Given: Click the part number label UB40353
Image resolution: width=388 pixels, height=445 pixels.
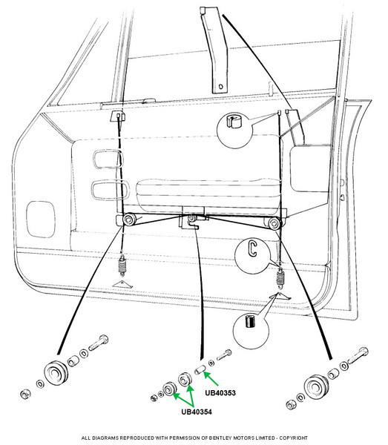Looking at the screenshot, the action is click(x=220, y=393).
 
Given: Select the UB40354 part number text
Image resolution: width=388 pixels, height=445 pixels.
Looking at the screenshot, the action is click(x=197, y=412).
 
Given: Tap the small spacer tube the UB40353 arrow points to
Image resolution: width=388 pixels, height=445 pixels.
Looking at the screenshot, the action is click(x=200, y=370).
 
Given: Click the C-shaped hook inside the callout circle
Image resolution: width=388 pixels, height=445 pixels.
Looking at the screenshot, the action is click(x=251, y=248).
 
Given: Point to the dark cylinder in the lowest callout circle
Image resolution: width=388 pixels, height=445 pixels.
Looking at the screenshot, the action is click(x=250, y=321).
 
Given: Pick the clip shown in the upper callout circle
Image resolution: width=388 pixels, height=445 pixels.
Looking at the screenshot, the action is click(x=233, y=121).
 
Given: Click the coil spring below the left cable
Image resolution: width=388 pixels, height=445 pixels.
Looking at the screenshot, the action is click(x=122, y=265).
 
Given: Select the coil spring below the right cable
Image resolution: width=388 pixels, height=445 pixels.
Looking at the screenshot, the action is click(x=280, y=278).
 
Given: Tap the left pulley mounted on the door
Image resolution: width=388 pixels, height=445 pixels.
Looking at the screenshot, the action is click(x=129, y=220).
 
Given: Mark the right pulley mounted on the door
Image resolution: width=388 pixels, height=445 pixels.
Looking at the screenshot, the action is click(x=274, y=224).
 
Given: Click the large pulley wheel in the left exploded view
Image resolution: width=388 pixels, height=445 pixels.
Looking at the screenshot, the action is click(x=56, y=373).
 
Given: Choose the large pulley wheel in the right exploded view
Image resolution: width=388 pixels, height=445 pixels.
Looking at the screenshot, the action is click(x=316, y=387).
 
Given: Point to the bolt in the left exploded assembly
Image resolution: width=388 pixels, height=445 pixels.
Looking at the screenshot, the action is click(x=99, y=343).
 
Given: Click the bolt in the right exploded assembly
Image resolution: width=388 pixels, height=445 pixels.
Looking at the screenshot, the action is click(x=358, y=355).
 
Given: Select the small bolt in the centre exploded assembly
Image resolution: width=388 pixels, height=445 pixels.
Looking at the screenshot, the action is click(x=224, y=355).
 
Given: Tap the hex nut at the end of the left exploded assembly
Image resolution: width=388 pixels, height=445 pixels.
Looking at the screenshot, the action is click(x=25, y=394).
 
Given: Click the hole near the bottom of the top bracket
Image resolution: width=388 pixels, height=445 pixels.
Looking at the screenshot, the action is click(x=221, y=86).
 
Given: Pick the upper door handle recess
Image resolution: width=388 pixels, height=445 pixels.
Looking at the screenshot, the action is click(x=108, y=159).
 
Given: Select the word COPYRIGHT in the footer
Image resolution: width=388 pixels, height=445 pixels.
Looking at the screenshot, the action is click(x=294, y=438).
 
